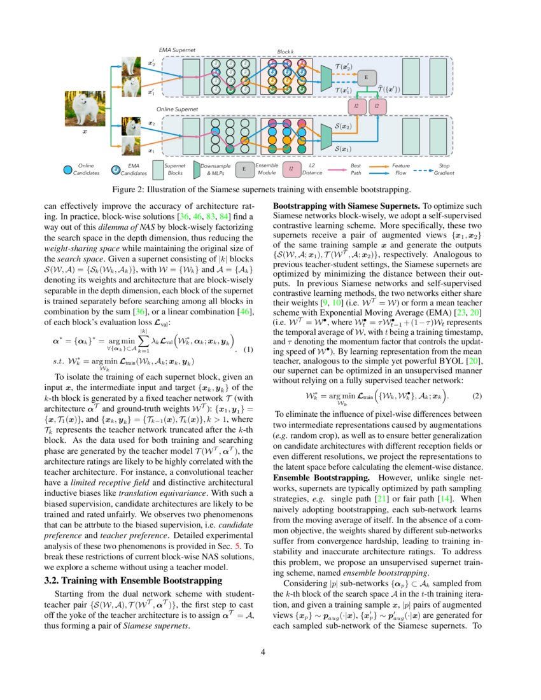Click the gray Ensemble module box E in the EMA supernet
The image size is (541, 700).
click(366, 77)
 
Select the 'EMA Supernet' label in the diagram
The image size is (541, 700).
click(177, 49)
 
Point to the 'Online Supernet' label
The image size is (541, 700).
click(177, 109)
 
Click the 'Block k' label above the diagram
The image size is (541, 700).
click(285, 51)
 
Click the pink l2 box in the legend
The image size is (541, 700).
click(291, 169)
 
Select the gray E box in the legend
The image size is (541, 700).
click(244, 169)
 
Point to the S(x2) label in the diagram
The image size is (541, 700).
click(344, 127)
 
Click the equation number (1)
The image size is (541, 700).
click(249, 349)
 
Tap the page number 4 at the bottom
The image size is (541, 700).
click(270, 651)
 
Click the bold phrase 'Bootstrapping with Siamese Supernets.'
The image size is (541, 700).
click(346, 206)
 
